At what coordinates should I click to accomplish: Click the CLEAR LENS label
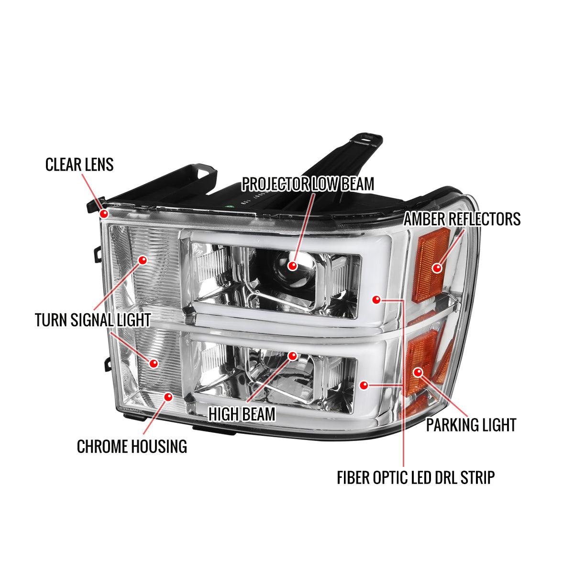point(79,165)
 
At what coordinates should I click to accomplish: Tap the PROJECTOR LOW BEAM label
point(308,184)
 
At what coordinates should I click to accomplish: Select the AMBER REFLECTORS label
point(462,219)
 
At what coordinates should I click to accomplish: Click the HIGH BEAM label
point(242,414)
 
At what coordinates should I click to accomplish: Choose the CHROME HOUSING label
point(132,446)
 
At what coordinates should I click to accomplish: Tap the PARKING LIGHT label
point(471,425)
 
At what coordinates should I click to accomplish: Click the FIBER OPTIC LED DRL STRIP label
point(415,477)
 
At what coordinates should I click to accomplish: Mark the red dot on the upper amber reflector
point(436,268)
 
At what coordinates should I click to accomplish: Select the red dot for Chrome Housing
point(168,397)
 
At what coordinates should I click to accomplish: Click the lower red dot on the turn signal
point(153,364)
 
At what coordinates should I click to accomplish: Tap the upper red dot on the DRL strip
point(376,300)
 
